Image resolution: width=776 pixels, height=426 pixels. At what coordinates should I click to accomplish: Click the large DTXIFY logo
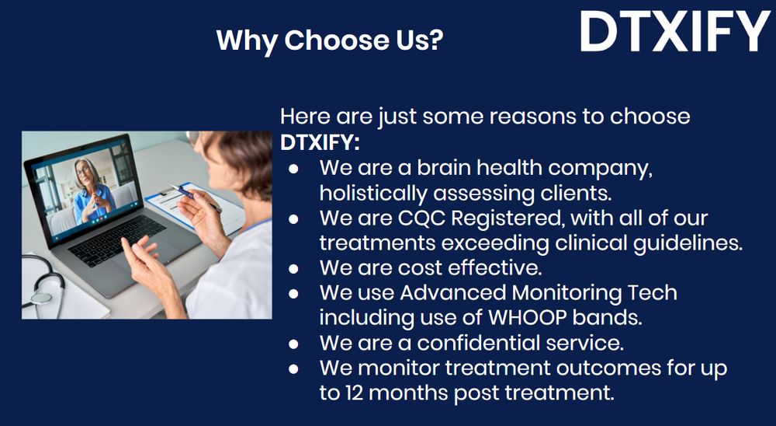tap(674, 31)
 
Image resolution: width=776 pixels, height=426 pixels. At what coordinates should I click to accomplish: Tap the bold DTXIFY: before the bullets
tap(320, 143)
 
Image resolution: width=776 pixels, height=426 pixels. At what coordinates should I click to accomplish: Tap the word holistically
tap(374, 194)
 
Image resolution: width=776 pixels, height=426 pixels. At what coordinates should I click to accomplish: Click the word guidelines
tap(689, 243)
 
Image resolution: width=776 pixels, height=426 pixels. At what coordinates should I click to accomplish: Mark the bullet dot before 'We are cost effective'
tap(293, 269)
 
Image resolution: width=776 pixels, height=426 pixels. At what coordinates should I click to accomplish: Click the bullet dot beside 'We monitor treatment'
tap(293, 369)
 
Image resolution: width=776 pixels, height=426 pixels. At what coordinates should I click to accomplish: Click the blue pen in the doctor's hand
tap(196, 197)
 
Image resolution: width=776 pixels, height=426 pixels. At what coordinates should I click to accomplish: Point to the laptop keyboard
tap(117, 240)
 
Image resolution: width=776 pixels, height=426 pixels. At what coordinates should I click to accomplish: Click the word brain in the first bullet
tap(443, 169)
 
